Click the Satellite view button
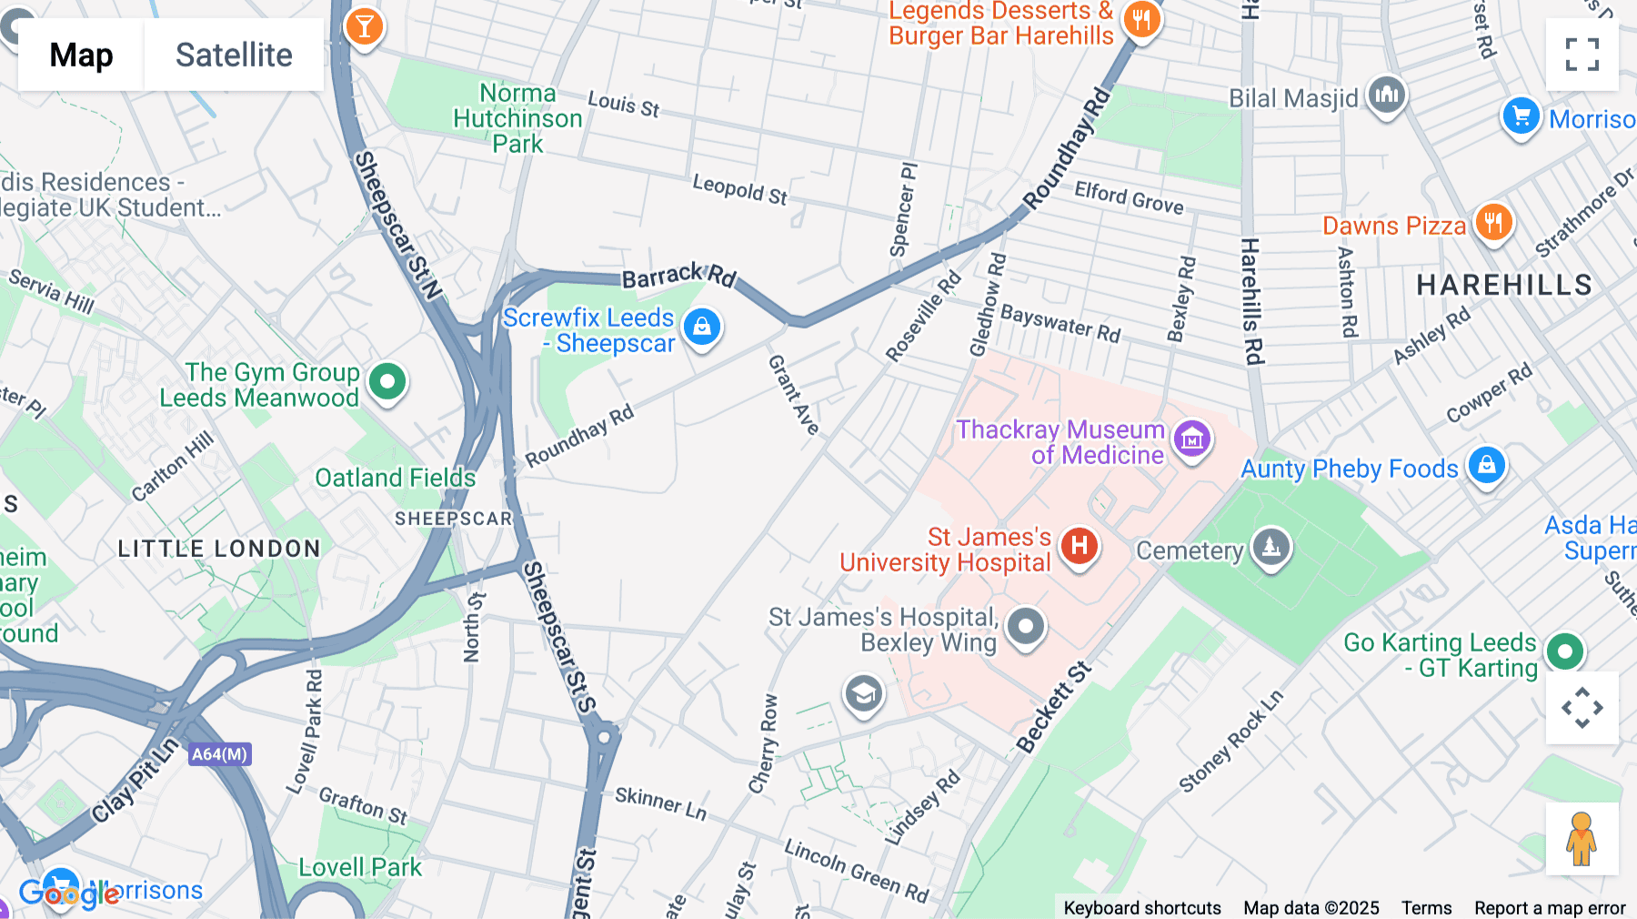click(x=234, y=55)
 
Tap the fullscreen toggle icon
click(x=1582, y=55)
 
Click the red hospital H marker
click(x=1080, y=546)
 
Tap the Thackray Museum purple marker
click(x=1192, y=439)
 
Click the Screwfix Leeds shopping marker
click(x=701, y=327)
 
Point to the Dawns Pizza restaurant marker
click(x=1493, y=221)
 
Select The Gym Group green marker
click(x=387, y=381)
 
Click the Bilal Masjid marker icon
click(x=1387, y=94)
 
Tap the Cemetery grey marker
click(x=1271, y=547)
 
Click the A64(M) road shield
click(x=220, y=754)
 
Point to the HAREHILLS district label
click(x=1504, y=285)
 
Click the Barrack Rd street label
click(x=678, y=275)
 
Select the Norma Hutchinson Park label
click(x=517, y=118)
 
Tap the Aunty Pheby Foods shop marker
click(x=1486, y=465)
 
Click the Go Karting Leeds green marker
click(x=1564, y=651)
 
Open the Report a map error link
click(x=1549, y=908)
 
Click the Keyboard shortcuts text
click(x=1141, y=908)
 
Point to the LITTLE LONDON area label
click(x=219, y=549)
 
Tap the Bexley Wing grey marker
click(x=1026, y=626)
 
